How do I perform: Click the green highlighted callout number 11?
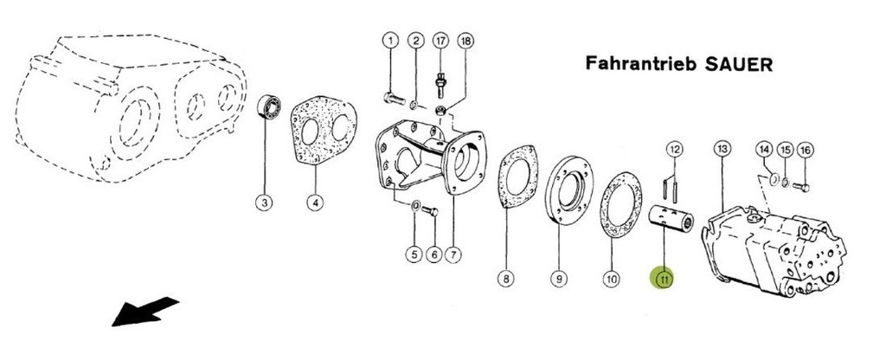pos(662,278)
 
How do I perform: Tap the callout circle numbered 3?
pos(265,202)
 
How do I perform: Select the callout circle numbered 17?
pos(440,41)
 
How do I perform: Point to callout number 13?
pos(722,149)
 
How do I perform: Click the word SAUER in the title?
pos(739,64)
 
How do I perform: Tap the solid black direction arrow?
pos(144,311)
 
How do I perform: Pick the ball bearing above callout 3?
pos(269,106)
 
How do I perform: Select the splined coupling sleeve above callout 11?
pos(671,218)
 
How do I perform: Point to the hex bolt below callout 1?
pos(394,99)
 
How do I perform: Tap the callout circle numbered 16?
pos(806,150)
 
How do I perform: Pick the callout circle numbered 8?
pos(505,278)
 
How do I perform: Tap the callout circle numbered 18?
pos(466,41)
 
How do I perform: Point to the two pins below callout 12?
pos(671,188)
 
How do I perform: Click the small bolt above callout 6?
pos(431,211)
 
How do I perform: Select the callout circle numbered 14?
pos(765,150)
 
